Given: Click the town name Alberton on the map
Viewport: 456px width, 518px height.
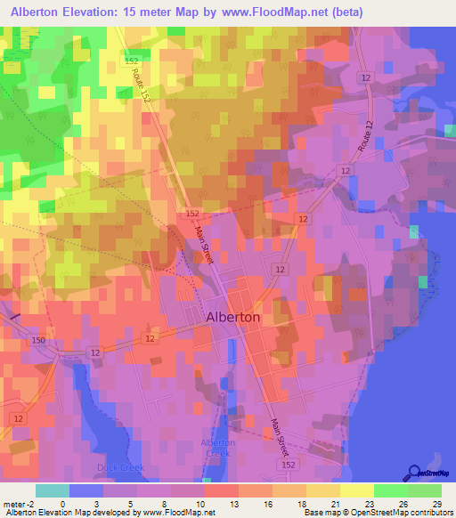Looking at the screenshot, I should point(232,317).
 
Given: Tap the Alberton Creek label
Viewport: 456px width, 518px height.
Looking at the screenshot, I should point(218,448).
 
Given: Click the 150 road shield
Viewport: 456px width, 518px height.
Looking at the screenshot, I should point(37,341).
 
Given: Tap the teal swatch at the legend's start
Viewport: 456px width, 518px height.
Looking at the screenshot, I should point(52,490).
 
